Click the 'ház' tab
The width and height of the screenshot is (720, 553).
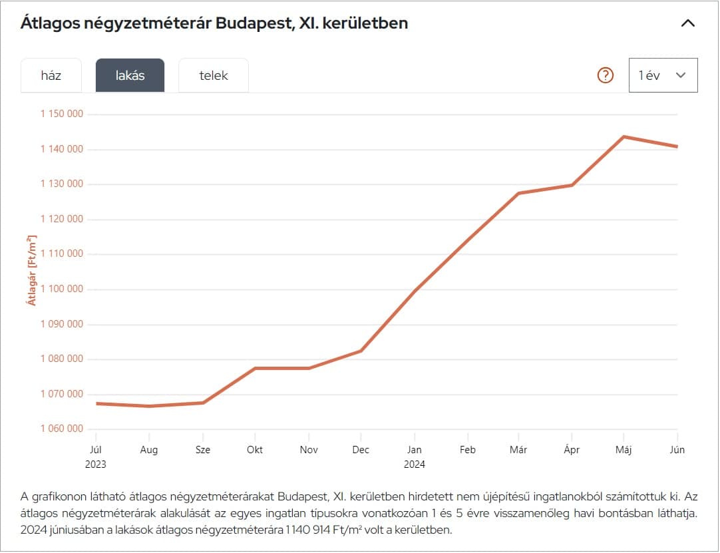coord(51,75)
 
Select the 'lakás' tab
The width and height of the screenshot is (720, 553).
coord(130,75)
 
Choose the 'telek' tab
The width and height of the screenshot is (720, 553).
coord(214,75)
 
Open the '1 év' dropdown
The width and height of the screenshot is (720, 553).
coord(663,75)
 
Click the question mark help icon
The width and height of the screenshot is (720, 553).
coord(605,75)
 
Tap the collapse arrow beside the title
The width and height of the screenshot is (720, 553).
coord(688,23)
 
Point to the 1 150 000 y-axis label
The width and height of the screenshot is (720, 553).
coord(62,114)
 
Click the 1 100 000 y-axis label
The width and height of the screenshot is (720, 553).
coord(62,289)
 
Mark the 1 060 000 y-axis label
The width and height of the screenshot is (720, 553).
coord(62,429)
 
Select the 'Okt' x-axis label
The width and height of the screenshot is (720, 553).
coord(255,450)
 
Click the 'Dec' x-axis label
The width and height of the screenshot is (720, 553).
coord(361,450)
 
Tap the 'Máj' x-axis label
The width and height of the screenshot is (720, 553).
coord(624,450)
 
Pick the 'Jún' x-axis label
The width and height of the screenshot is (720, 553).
coord(677,450)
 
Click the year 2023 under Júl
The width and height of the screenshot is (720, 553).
coord(95,464)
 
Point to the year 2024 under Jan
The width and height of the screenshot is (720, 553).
coord(415,464)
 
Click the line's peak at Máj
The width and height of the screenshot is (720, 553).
coord(624,136)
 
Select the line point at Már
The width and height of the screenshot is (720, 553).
coord(518,193)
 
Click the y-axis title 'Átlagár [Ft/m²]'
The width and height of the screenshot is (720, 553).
coord(31,270)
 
